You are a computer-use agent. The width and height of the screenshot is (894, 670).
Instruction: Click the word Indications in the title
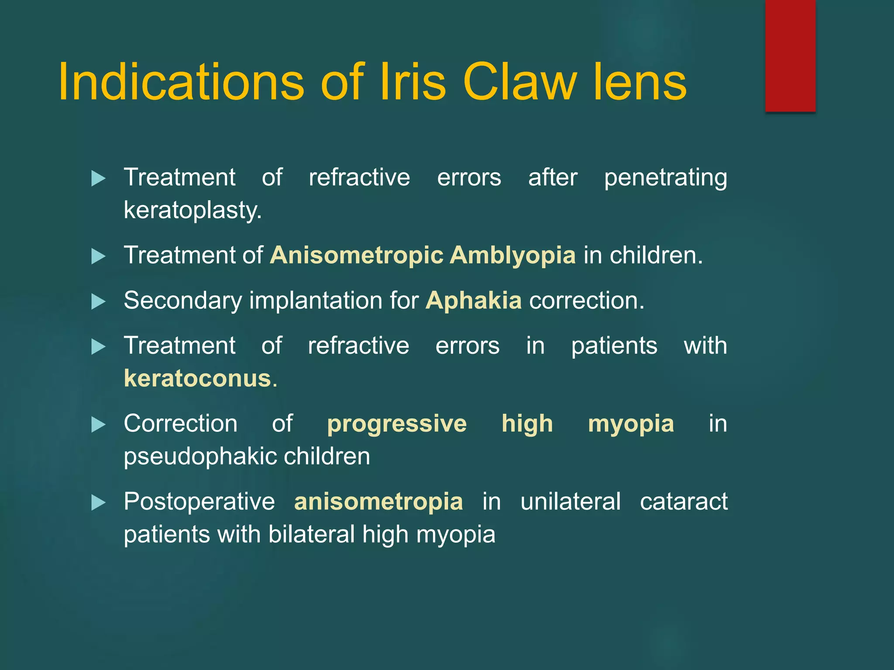click(181, 82)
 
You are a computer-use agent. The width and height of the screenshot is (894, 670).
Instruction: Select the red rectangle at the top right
click(790, 56)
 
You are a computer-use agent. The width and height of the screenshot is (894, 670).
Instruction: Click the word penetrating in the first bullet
click(665, 178)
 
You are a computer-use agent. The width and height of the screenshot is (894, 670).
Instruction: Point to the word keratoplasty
click(193, 211)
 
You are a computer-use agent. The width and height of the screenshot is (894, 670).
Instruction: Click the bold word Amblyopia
click(512, 255)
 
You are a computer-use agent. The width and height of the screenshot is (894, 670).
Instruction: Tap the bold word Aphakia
click(474, 301)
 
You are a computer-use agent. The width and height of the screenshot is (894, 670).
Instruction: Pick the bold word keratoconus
click(197, 378)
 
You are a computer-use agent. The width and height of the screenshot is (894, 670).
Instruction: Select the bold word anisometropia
click(378, 502)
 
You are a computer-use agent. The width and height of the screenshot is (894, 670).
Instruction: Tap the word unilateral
click(570, 502)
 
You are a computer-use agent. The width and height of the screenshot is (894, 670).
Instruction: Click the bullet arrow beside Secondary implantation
click(99, 301)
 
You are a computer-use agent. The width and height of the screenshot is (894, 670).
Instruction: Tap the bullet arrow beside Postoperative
click(99, 503)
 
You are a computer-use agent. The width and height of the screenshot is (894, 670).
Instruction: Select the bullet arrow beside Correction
click(99, 425)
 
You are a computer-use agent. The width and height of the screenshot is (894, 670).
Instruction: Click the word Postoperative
click(199, 502)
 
